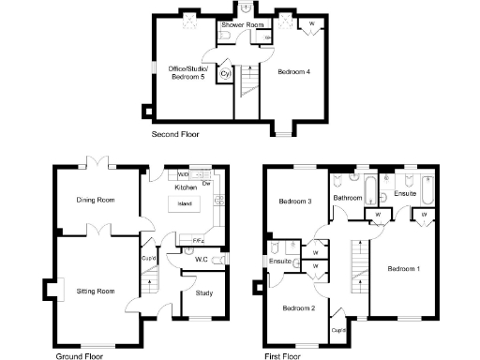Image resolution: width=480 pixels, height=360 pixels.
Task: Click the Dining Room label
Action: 96,200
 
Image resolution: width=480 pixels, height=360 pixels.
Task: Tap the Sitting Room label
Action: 95,292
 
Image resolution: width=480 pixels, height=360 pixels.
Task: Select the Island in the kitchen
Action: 187,203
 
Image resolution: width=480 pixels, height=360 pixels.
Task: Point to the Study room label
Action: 204,293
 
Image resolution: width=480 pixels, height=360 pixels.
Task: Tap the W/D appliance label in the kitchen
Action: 184,174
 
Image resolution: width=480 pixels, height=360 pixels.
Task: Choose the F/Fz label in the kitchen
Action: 199,241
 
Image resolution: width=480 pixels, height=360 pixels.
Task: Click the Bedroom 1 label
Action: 404,270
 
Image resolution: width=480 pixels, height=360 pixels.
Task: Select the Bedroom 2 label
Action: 299,307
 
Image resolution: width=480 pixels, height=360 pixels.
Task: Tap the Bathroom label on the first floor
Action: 348,199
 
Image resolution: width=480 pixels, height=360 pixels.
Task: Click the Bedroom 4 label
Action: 293,71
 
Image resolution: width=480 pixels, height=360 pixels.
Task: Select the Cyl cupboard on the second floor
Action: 226,73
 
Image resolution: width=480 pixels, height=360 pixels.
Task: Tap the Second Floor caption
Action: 175,135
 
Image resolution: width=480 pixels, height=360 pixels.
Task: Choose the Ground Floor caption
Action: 79,355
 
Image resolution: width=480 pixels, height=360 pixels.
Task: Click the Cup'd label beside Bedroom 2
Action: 338,329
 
